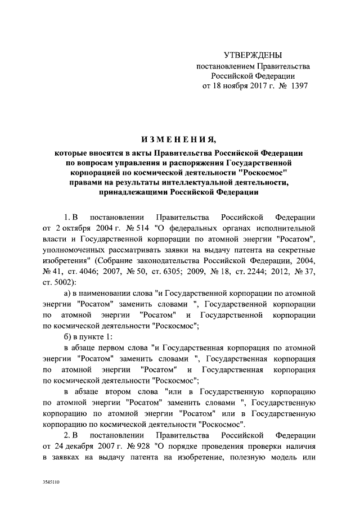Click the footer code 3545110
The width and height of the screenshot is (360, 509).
[51, 483]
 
